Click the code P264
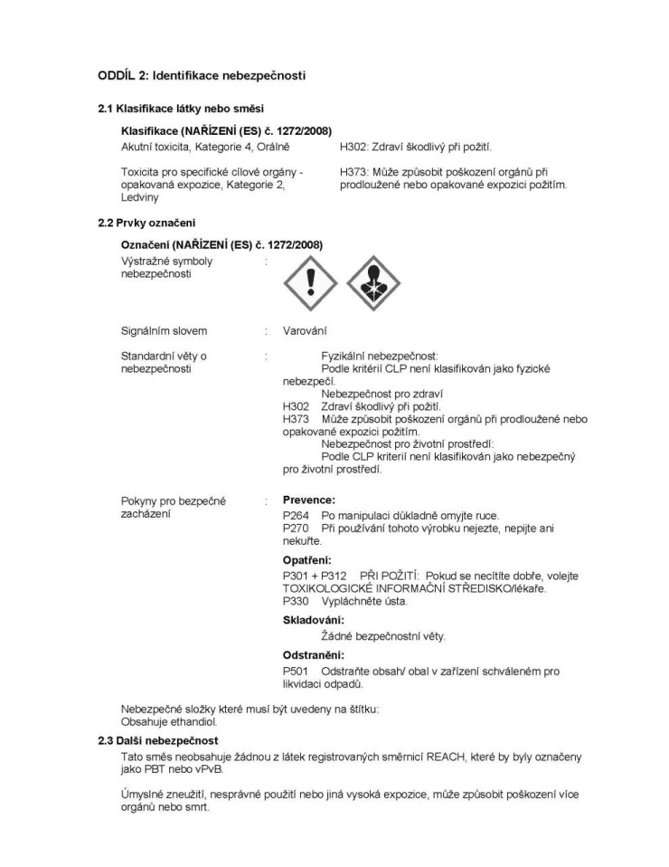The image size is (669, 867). pyautogui.click(x=296, y=515)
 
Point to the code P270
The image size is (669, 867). pyautogui.click(x=296, y=528)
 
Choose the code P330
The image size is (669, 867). pyautogui.click(x=296, y=601)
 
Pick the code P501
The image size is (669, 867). pyautogui.click(x=296, y=672)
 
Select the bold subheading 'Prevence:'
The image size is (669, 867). pyautogui.click(x=309, y=500)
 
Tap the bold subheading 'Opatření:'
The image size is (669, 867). pyautogui.click(x=307, y=559)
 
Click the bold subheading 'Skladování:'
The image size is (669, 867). pyautogui.click(x=314, y=620)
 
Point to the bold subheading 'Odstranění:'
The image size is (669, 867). pyautogui.click(x=314, y=654)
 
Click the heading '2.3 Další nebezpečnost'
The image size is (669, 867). pyautogui.click(x=158, y=741)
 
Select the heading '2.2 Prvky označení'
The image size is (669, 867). pyautogui.click(x=146, y=224)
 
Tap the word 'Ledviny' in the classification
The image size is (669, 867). pyautogui.click(x=140, y=197)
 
